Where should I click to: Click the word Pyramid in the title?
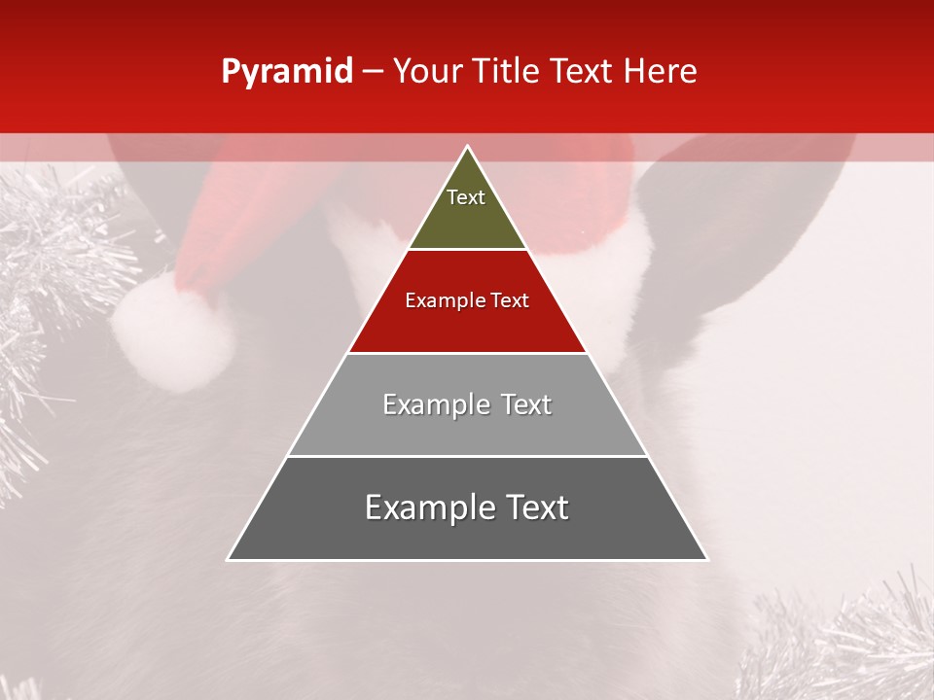click(286, 72)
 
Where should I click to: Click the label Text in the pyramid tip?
click(466, 197)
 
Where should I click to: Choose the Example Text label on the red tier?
click(467, 300)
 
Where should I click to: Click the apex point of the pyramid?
click(468, 147)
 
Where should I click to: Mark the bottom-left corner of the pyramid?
click(229, 559)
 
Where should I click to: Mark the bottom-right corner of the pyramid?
click(707, 559)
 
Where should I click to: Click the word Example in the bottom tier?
click(427, 507)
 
